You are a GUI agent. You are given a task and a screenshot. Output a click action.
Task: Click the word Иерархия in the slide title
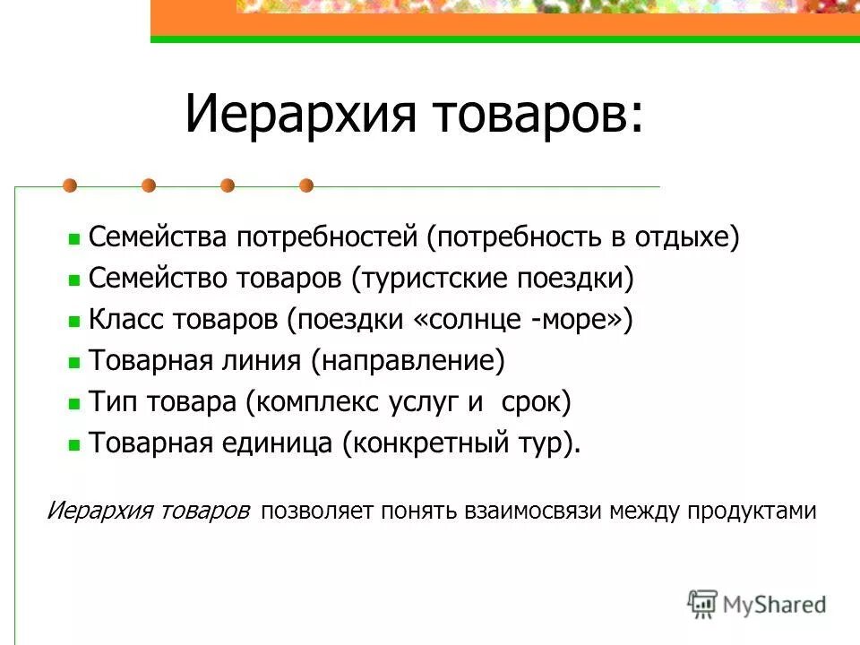(301, 116)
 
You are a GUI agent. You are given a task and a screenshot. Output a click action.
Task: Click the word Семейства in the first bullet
(159, 238)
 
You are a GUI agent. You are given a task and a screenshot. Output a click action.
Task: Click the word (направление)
(408, 361)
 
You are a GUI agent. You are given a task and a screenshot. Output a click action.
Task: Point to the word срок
(535, 401)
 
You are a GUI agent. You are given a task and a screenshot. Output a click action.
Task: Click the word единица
(279, 443)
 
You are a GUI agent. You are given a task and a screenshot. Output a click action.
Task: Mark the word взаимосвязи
(535, 511)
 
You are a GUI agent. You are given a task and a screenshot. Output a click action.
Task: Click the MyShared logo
(757, 605)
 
